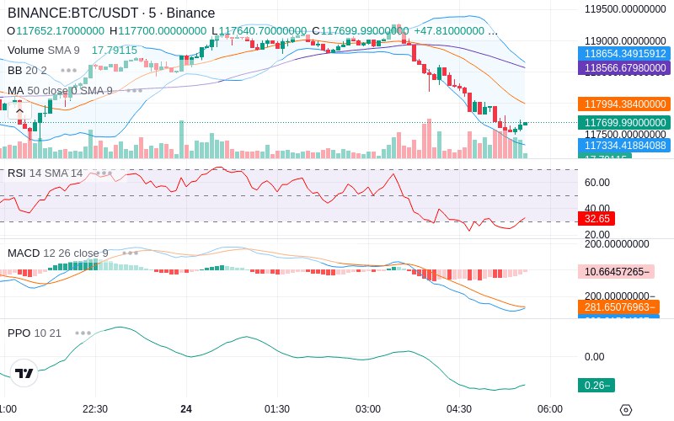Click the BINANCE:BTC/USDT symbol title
74,13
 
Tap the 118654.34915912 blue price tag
623,53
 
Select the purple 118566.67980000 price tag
623,67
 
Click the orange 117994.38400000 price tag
623,104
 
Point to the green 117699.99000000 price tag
623,123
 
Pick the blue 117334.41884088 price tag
623,146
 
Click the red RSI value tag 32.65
596,218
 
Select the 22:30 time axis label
94,408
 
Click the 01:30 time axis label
277,408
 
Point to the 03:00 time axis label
368,408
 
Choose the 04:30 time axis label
459,408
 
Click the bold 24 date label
186,408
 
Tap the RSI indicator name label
16,173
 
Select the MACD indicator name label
22,253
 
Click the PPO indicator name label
19,333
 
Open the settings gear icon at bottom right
625,410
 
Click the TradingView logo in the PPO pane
24,373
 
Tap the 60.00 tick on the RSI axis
597,183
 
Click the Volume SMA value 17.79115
114,51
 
